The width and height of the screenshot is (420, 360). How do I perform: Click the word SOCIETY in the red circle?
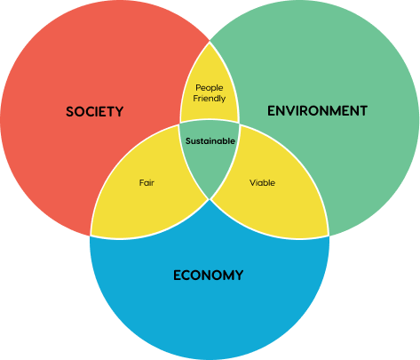tap(94, 112)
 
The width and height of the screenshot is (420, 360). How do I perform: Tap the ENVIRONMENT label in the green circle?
tap(317, 111)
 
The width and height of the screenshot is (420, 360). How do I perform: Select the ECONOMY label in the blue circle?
tap(208, 276)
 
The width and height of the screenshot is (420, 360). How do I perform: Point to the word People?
tap(210, 88)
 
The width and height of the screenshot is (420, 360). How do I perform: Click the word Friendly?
tap(210, 99)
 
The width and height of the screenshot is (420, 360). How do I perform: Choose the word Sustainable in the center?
tap(210, 141)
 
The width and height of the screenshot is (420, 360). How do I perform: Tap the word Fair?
tap(147, 182)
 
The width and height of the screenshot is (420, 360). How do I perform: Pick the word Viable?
tap(262, 183)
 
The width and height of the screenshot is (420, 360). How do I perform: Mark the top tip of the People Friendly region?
tap(210, 42)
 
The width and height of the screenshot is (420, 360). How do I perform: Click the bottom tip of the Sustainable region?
tap(210, 199)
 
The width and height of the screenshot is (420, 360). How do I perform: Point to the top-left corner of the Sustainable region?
tap(179, 124)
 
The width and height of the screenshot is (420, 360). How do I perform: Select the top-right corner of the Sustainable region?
tap(239, 124)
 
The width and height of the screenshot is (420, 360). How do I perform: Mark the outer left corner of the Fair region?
tap(91, 236)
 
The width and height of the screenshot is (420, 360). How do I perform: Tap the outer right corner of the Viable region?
tap(329, 236)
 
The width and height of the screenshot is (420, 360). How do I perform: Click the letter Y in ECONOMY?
tap(239, 276)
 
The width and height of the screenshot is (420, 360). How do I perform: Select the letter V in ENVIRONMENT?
tap(290, 111)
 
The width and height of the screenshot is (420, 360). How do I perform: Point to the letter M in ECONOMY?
tap(226, 276)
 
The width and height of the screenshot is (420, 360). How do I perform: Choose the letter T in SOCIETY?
tap(110, 112)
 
